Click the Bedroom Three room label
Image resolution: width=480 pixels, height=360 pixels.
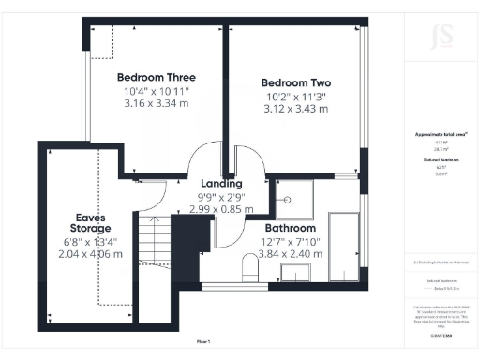155,77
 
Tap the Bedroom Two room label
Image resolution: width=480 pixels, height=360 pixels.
295,82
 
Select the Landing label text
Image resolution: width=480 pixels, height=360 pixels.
222,183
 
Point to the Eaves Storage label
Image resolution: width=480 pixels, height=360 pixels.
94,222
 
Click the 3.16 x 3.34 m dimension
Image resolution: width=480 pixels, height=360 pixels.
155,104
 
